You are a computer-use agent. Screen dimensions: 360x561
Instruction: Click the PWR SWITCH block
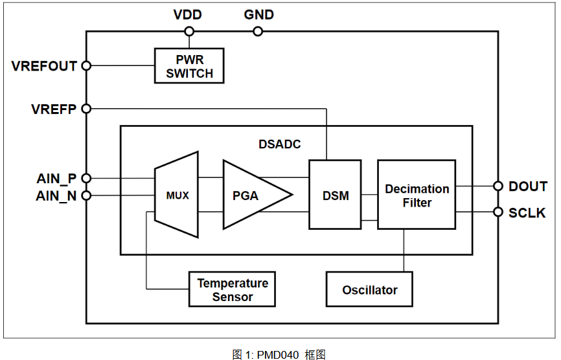tap(189, 66)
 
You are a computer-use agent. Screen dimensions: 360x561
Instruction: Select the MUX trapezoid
tap(177, 195)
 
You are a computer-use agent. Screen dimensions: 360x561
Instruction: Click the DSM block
tap(335, 195)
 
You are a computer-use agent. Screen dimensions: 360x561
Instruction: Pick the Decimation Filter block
tap(417, 195)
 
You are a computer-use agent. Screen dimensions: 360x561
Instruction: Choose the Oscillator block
tap(369, 289)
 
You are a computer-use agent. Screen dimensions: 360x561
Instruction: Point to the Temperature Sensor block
tap(232, 289)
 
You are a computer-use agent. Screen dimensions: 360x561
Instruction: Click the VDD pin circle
tap(189, 31)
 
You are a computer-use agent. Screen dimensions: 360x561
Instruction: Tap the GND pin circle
tap(258, 31)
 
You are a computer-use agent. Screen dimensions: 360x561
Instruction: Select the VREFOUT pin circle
tap(86, 65)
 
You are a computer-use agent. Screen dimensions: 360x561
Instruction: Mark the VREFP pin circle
tap(86, 109)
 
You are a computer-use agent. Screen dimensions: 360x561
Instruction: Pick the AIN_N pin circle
tap(86, 195)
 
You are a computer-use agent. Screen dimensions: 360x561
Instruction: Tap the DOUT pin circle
tap(498, 186)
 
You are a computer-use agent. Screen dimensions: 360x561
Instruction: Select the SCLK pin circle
tap(498, 212)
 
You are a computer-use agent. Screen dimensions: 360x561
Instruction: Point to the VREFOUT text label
tap(44, 66)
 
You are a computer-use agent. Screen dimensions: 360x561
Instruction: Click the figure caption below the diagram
tap(279, 354)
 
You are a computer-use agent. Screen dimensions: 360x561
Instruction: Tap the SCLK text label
tap(527, 212)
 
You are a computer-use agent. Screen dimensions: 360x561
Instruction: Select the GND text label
tap(258, 14)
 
